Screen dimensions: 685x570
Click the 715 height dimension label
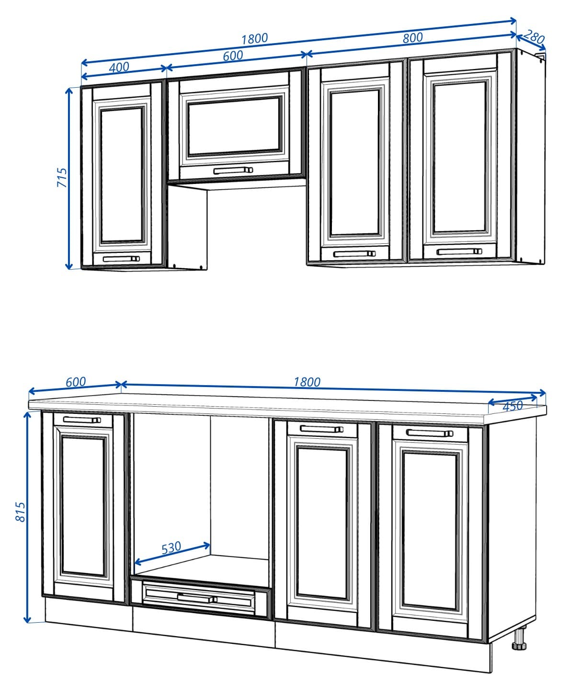(x=62, y=177)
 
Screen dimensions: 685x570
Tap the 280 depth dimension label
(x=534, y=37)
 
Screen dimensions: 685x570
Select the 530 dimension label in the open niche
(x=171, y=548)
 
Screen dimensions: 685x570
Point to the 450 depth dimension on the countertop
(x=513, y=406)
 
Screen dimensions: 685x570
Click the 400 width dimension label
(x=119, y=67)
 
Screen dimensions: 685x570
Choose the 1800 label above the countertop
(x=307, y=382)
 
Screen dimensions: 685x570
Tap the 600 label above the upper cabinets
(x=233, y=56)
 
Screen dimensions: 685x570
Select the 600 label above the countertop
(x=76, y=382)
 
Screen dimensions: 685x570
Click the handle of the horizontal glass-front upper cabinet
(x=233, y=170)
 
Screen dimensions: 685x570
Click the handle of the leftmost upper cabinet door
(x=121, y=259)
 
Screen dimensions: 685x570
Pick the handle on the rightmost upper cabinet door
(x=459, y=251)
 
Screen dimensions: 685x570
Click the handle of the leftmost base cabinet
(x=82, y=420)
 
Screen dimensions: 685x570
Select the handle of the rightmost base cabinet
(x=429, y=433)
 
